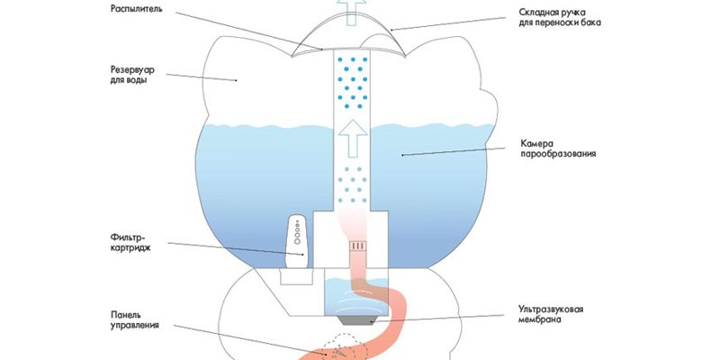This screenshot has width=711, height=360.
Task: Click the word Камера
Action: click(538, 142)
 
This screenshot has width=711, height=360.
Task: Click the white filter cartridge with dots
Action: click(295, 241)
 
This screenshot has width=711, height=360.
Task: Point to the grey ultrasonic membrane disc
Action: click(355, 317)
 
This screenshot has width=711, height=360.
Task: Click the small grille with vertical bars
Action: click(356, 245)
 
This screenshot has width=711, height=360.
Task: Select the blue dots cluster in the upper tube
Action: click(355, 82)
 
